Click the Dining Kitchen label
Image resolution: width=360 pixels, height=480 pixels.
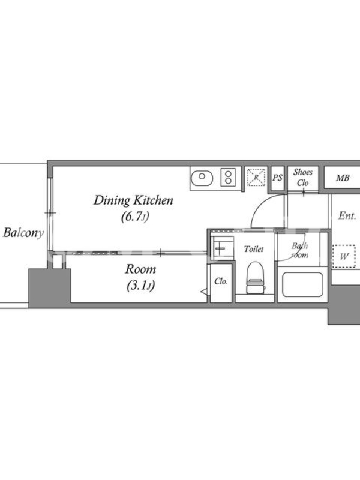click(x=133, y=200)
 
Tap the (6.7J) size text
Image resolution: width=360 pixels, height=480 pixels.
click(x=134, y=217)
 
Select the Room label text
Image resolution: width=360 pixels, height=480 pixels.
click(x=140, y=269)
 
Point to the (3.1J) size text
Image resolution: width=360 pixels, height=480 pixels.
click(x=140, y=286)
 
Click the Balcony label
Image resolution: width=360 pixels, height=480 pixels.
click(x=23, y=233)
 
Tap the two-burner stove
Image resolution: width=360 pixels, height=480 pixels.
click(x=228, y=178)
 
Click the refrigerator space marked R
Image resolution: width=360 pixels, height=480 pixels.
click(x=256, y=177)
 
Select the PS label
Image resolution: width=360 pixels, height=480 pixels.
click(x=277, y=178)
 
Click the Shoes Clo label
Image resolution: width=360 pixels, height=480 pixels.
click(x=302, y=178)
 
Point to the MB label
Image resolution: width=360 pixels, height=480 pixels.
click(x=343, y=178)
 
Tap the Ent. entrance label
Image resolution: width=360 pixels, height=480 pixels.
click(x=347, y=216)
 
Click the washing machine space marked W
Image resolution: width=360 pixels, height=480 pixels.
click(x=344, y=257)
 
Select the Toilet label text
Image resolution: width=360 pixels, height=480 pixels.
click(x=253, y=249)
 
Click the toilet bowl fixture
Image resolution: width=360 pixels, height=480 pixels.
click(x=256, y=277)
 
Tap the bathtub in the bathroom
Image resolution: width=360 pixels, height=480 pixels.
click(x=302, y=284)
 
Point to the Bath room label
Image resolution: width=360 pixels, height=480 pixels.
click(x=299, y=250)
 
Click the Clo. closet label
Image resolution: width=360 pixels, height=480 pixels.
click(x=221, y=281)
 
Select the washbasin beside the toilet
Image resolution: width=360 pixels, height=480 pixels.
click(x=223, y=248)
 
